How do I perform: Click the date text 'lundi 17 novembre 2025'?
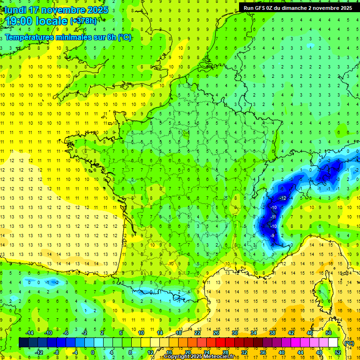56,10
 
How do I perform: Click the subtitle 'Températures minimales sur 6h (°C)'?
68,37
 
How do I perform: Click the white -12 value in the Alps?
283,198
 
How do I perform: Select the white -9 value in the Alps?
273,235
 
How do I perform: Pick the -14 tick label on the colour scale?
30,333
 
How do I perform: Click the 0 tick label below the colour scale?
93,352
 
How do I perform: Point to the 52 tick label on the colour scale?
337,352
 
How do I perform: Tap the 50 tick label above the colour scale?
329,333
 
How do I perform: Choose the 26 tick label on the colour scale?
216,333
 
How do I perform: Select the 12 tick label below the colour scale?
150,352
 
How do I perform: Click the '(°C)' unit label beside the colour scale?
349,343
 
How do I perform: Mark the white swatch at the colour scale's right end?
333,343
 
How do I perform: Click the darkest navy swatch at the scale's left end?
23,343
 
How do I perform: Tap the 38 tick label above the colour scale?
272,333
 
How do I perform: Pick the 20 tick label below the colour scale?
188,352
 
